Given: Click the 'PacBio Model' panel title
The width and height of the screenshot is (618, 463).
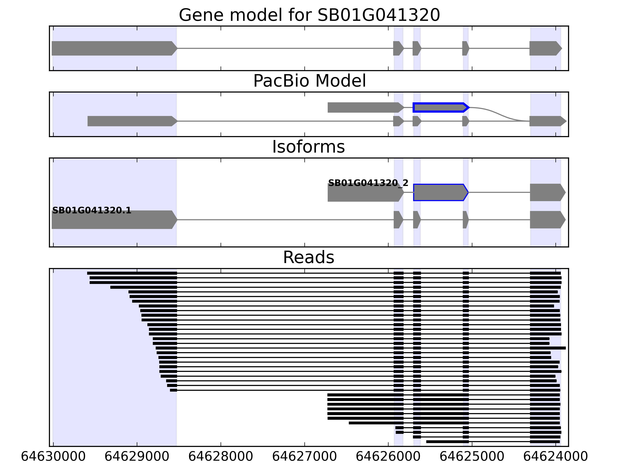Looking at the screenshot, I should click(309, 81).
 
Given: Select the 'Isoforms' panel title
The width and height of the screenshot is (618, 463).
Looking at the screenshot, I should click(308, 147).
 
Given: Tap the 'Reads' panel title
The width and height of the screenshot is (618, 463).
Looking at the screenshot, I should click(308, 257).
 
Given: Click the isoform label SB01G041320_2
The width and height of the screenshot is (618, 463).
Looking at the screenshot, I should click(368, 183).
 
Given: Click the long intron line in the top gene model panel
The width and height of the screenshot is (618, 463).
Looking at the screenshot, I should click(285, 48).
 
